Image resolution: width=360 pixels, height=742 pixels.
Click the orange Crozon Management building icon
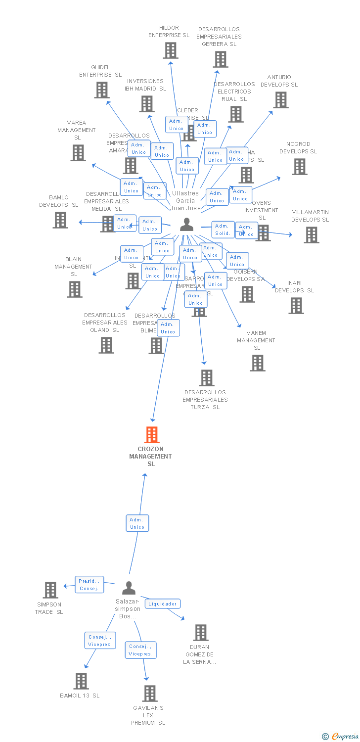[151, 434]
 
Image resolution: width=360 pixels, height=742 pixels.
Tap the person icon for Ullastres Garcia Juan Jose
[186, 224]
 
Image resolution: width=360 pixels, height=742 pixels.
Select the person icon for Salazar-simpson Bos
[129, 588]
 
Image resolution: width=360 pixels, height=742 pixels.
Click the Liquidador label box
[162, 603]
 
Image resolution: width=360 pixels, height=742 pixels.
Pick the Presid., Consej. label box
[90, 584]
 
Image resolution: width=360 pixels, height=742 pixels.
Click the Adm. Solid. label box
[223, 230]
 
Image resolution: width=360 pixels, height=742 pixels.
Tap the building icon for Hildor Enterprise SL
[170, 50]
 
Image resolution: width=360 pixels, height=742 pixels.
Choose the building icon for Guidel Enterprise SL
[101, 90]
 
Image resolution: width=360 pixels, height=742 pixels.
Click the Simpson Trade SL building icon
[50, 590]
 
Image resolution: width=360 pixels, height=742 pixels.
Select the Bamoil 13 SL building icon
[81, 681]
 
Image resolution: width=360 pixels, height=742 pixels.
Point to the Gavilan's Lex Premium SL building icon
[150, 693]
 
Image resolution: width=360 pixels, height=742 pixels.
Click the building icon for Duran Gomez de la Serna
[200, 632]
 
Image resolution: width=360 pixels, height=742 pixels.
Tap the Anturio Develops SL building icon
[281, 100]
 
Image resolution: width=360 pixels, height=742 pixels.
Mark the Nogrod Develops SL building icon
[299, 167]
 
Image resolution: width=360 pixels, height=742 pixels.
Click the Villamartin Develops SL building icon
[311, 235]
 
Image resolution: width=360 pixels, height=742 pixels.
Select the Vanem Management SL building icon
[257, 363]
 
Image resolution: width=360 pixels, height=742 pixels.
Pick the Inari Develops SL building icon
[296, 306]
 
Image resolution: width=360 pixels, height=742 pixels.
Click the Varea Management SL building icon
[78, 153]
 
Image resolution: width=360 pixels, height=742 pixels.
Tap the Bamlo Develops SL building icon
[60, 220]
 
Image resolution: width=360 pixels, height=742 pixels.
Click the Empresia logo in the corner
[341, 737]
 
